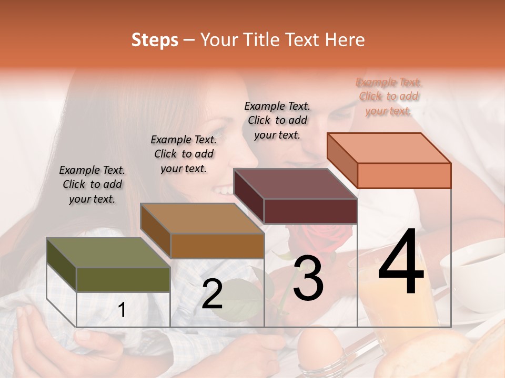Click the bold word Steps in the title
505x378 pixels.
(155, 40)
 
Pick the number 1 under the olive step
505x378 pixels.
(122, 310)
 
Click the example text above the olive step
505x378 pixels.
(92, 184)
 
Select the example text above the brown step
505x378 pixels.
(184, 154)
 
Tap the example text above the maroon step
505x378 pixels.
(277, 120)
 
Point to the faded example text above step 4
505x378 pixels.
(389, 96)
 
